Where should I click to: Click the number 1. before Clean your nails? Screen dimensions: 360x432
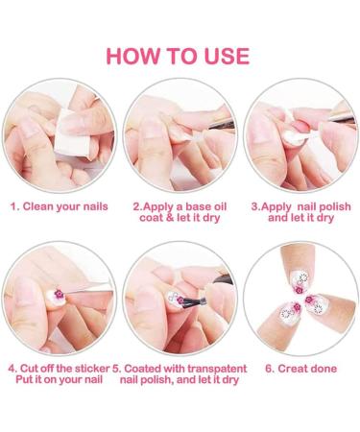coord(14,206)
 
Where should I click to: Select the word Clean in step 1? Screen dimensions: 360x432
coord(38,206)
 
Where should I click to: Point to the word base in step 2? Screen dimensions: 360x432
coord(198,206)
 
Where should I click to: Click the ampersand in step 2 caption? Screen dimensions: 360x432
coord(169,218)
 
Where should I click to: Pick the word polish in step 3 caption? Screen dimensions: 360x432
coord(335,206)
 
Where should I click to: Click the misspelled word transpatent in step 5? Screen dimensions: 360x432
coord(217,369)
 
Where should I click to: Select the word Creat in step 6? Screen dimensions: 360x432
coord(291,369)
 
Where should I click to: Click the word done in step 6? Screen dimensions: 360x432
coord(323,369)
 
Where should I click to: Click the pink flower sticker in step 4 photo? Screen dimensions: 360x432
coord(59,294)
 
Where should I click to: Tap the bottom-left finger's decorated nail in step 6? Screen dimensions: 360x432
coord(291,310)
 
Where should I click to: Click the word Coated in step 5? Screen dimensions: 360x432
coord(142,369)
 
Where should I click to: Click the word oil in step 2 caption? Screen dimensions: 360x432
coord(220,206)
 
